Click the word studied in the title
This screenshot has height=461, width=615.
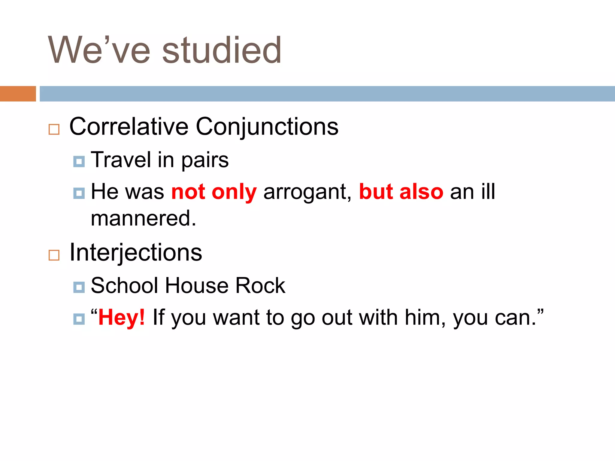[x=222, y=50]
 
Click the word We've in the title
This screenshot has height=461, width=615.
[x=99, y=50]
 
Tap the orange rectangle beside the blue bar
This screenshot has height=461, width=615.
[x=18, y=94]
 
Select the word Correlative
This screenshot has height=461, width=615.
[x=129, y=127]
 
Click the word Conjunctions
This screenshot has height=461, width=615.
[x=267, y=127]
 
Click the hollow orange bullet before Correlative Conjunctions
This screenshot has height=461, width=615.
[x=54, y=130]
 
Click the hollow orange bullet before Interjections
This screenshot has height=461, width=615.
[x=54, y=255]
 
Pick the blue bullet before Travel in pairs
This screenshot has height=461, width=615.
[x=79, y=161]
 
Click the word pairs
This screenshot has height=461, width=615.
[x=205, y=160]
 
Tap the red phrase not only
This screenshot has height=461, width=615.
[x=214, y=192]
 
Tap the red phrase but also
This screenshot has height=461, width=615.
[x=401, y=192]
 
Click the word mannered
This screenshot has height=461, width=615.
[x=143, y=218]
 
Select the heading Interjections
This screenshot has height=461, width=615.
[x=136, y=253]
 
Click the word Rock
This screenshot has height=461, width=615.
[x=260, y=285]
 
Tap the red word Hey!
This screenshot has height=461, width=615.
[x=122, y=318]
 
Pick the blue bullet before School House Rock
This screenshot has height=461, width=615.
[x=79, y=287]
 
